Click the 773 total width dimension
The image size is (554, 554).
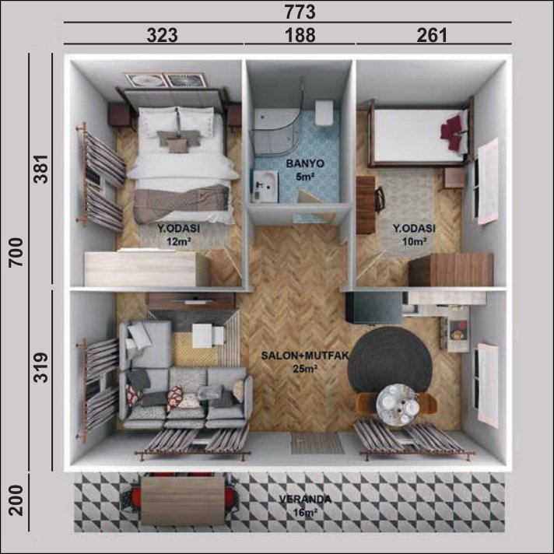point(300,12)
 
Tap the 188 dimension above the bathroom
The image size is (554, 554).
point(300,35)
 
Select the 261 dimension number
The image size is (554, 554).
point(432,35)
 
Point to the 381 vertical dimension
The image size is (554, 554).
point(40,169)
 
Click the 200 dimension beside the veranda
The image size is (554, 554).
point(16,500)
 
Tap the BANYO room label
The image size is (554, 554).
point(305,163)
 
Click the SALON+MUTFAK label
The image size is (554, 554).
point(305,356)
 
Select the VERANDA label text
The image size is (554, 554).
point(305,500)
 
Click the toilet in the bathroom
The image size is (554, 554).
point(324,112)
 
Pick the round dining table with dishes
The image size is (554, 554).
point(395,404)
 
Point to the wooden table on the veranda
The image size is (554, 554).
point(183,500)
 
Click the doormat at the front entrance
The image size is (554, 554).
point(317,443)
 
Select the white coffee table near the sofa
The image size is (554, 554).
point(208,335)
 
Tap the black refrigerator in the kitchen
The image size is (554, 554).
point(373,307)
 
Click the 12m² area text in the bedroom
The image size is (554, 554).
point(179,242)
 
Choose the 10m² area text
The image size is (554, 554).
point(414,242)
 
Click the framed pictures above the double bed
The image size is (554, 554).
point(166,80)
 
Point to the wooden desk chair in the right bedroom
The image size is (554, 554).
point(380,200)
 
